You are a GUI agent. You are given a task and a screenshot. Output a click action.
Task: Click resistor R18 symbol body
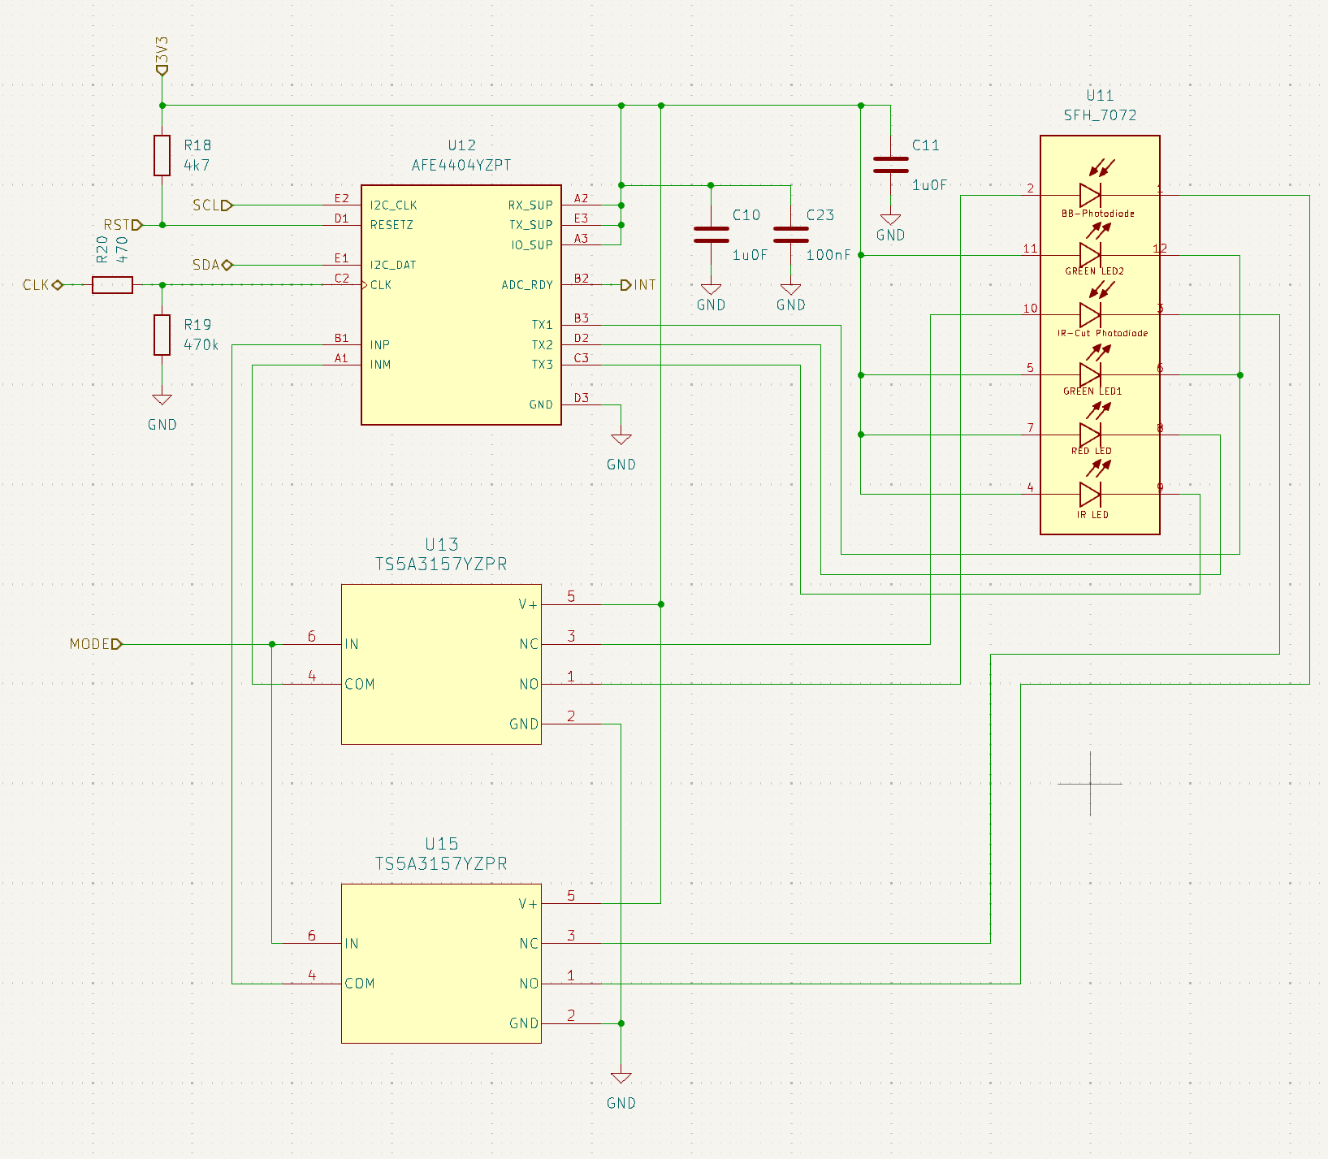click(x=162, y=155)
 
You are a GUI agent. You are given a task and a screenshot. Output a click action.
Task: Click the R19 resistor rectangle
click(x=162, y=335)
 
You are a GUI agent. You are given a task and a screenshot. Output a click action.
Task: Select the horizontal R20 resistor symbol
click(x=112, y=285)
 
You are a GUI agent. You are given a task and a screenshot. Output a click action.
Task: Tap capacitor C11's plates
click(x=891, y=165)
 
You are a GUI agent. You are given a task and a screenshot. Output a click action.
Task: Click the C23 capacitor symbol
click(x=791, y=235)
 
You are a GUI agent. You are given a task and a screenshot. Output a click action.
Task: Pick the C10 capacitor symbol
click(x=711, y=235)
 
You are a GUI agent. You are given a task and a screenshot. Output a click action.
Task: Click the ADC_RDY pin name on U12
click(x=527, y=285)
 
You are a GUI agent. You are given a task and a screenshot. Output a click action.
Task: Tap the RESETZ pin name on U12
click(x=391, y=225)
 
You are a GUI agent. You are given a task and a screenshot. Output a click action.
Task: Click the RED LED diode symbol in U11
click(x=1090, y=435)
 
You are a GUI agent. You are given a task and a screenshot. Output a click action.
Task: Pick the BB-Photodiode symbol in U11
click(x=1090, y=195)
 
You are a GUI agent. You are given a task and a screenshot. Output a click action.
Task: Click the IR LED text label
click(x=1092, y=515)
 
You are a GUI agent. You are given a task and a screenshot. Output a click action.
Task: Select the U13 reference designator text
click(x=441, y=544)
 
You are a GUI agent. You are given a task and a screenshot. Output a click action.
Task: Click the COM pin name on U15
click(x=360, y=984)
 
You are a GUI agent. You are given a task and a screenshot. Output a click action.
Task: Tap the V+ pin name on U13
click(x=528, y=604)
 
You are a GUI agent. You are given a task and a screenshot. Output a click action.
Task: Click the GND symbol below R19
click(x=162, y=400)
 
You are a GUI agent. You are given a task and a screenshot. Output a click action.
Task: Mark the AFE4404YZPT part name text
click(x=461, y=165)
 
